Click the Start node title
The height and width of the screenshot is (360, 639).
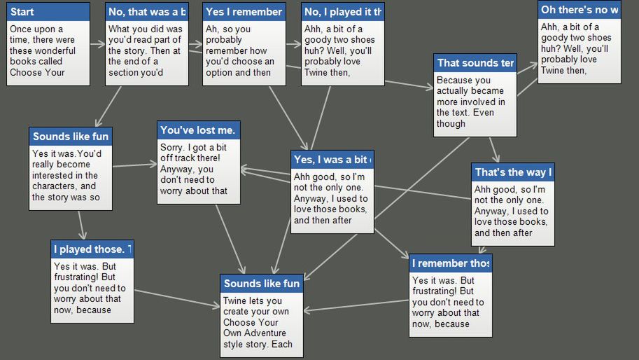point(22,12)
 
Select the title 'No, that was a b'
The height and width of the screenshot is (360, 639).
point(147,12)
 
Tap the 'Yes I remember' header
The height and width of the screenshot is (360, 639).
point(244,12)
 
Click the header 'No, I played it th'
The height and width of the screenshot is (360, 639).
point(343,12)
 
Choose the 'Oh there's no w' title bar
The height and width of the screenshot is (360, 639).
point(580,10)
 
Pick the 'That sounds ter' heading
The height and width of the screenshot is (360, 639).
point(475,63)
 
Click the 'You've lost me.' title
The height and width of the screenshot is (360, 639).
point(199,130)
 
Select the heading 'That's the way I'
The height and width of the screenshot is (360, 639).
point(513,172)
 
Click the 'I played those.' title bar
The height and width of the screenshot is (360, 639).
point(92,249)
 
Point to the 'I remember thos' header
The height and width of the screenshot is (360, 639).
point(451,263)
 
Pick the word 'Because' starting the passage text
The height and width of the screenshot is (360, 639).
point(454,81)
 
